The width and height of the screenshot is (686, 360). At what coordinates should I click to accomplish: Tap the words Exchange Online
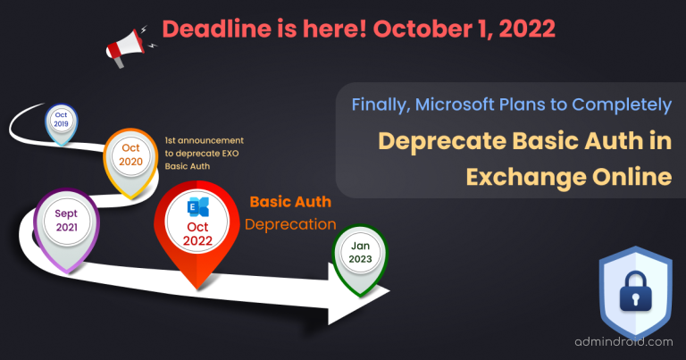pos(569,177)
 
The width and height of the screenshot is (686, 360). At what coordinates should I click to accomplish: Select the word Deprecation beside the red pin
pos(291,223)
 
